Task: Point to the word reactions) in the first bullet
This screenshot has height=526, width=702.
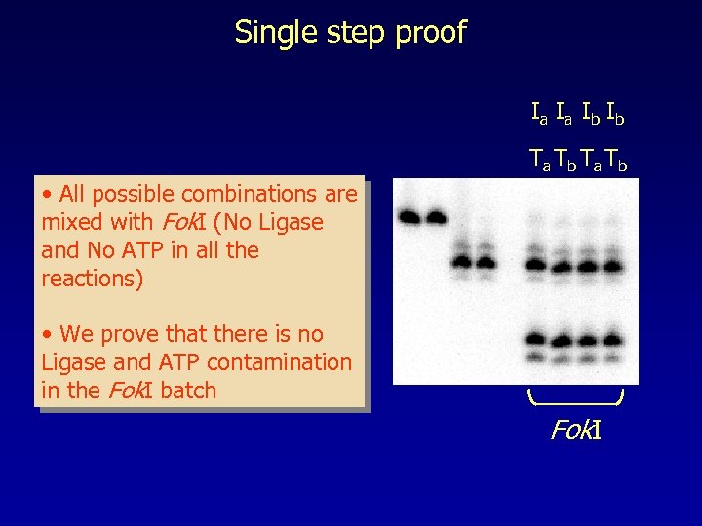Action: (x=92, y=279)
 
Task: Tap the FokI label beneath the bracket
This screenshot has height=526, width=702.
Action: (x=575, y=430)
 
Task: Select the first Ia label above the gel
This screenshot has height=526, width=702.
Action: (x=539, y=116)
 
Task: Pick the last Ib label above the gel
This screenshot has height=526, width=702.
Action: (x=615, y=116)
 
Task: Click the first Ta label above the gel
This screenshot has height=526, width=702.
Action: (x=539, y=159)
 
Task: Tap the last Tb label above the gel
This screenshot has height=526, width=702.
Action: (x=615, y=159)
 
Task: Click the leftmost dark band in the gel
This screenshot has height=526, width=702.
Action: (x=409, y=216)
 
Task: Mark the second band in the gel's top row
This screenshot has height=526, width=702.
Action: (x=433, y=216)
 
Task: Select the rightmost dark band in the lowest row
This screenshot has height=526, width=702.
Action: (x=611, y=340)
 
